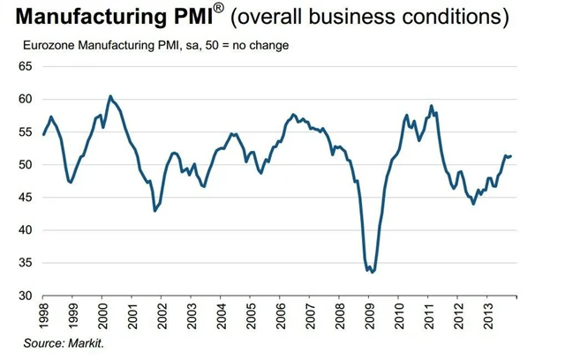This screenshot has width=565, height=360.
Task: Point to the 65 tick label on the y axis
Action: (x=24, y=66)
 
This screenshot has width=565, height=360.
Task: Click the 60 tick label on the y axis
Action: (x=24, y=99)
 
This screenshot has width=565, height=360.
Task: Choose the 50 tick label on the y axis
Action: (x=24, y=165)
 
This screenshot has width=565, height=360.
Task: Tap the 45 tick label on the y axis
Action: (x=24, y=198)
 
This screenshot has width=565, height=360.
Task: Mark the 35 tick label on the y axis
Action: (x=24, y=263)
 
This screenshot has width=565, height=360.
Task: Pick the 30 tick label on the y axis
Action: (x=24, y=296)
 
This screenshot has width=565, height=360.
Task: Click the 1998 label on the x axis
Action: (x=44, y=316)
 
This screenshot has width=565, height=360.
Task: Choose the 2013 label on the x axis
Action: (x=491, y=316)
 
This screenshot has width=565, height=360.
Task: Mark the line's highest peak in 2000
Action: (x=109, y=96)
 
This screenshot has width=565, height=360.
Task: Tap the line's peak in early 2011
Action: (x=431, y=106)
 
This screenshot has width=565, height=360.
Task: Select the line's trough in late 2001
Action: (x=154, y=211)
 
